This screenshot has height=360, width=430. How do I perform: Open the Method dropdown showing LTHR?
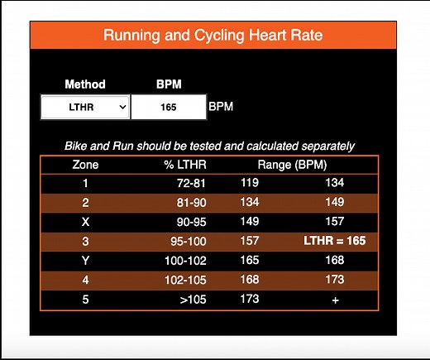86,107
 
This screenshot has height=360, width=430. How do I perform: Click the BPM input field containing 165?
168,107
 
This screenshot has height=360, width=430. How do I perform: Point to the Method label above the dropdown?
85,84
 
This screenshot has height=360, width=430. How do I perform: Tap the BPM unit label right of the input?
221,107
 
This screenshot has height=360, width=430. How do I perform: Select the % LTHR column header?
185,165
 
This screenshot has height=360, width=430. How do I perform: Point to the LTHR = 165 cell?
334,241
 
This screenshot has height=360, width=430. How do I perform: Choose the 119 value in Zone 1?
249,184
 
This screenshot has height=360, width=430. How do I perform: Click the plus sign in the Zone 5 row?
335,299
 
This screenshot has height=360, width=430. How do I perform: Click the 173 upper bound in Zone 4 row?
335,279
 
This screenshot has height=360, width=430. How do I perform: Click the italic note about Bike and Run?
209,146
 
